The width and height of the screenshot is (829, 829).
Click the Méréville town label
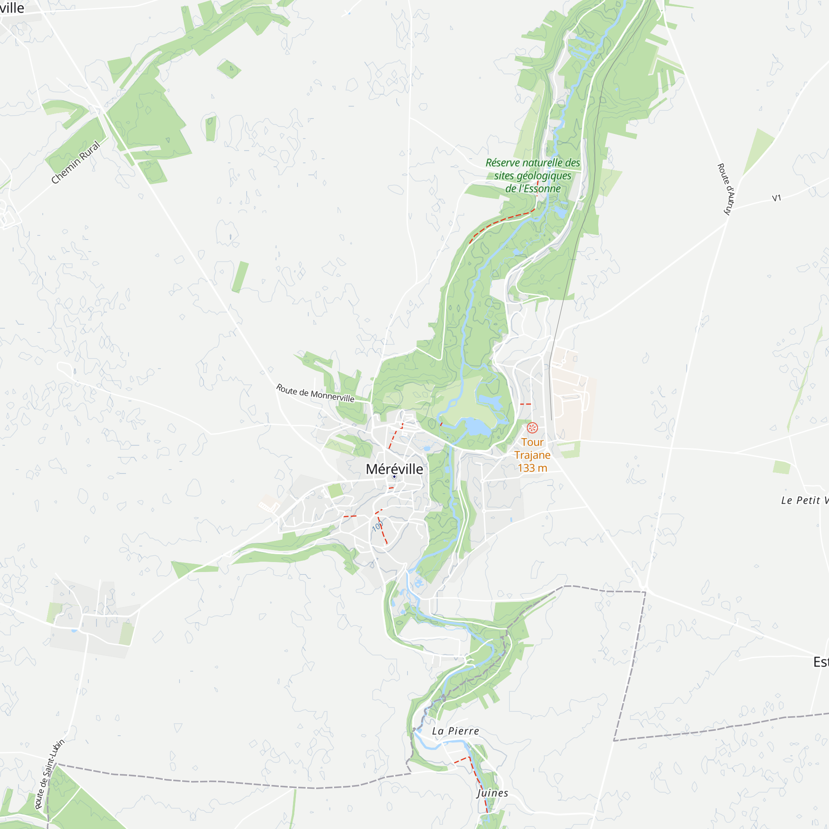[x=394, y=469]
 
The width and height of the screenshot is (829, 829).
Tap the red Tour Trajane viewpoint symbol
[x=532, y=427]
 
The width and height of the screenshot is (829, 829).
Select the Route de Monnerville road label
[x=315, y=393]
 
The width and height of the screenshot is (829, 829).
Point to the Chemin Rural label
[x=75, y=162]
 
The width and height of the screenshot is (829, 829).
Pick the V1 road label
[x=777, y=198]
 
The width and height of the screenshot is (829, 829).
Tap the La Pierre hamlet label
[x=455, y=731]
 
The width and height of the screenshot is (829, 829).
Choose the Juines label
[x=492, y=793]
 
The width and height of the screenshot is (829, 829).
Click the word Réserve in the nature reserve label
[x=502, y=163]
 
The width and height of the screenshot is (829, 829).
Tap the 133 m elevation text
[x=532, y=468]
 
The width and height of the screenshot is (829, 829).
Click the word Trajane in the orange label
[x=532, y=455]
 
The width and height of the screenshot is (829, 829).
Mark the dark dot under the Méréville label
[x=394, y=477]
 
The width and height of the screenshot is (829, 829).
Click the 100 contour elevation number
[x=378, y=526]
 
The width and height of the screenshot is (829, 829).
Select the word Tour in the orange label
[x=532, y=442]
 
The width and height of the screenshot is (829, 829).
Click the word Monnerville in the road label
[x=332, y=395]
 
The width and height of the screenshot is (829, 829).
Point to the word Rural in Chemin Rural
[x=90, y=150]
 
